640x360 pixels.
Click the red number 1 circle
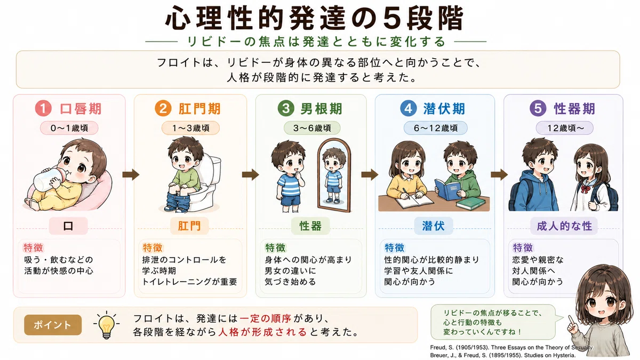[x=43, y=108]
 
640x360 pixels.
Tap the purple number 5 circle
[x=538, y=108]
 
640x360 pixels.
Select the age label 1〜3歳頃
[x=190, y=128]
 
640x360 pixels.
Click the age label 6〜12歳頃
[x=435, y=128]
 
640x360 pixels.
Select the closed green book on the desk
[x=470, y=203]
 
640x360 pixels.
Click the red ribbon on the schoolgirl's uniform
[x=585, y=189]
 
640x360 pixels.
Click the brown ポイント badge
[x=53, y=325]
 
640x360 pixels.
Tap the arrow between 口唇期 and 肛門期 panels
[x=131, y=174]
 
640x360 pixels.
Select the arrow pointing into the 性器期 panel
[x=499, y=174]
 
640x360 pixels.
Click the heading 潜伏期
[x=444, y=109]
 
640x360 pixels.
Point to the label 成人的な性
[x=564, y=226]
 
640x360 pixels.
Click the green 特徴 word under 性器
[x=275, y=247]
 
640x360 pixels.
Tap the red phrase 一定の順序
[x=266, y=318]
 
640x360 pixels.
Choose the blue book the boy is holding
[x=447, y=189]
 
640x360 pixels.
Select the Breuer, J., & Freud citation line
[x=503, y=355]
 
